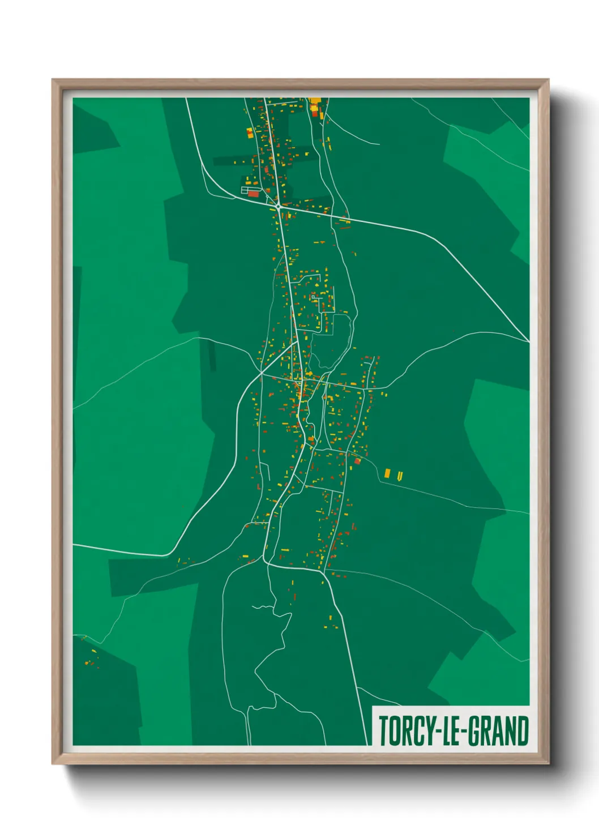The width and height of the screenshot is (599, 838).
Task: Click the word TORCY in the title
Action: pos(404,731)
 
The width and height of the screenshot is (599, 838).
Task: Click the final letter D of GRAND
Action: pos(523,731)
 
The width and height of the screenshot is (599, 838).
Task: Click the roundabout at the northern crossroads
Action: pos(279,208)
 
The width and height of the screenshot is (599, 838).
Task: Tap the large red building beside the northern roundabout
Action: pos(253,194)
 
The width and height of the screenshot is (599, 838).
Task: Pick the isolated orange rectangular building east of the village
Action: pos(388,473)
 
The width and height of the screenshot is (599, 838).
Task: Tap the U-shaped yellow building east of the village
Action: pos(400,476)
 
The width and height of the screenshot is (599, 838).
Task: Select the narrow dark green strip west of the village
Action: pos(212,355)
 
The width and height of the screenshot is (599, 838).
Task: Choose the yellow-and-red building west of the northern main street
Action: pos(249,133)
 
